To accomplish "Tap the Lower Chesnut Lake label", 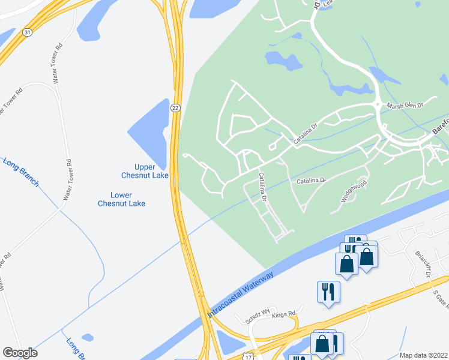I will (x=121, y=199).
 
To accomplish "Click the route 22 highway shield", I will (x=175, y=107).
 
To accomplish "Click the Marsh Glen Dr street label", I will (x=405, y=105).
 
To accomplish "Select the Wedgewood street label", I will (x=354, y=191).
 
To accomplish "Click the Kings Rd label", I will (x=284, y=314).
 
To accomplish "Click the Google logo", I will (x=20, y=353).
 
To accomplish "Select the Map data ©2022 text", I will (x=423, y=355).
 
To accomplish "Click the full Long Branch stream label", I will (x=21, y=172).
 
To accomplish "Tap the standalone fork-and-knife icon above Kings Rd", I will (x=328, y=292).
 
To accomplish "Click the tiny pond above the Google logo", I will (x=88, y=337).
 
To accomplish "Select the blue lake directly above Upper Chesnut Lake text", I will (x=149, y=133).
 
